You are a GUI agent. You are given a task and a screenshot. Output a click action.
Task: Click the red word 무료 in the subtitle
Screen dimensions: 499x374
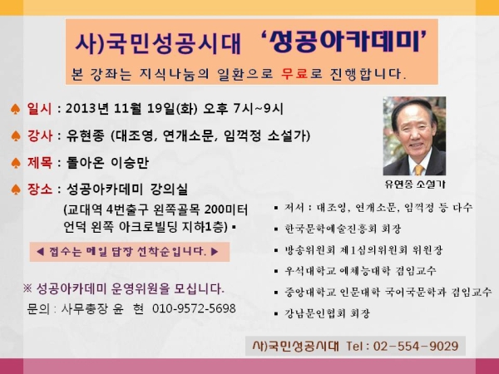tap(294, 74)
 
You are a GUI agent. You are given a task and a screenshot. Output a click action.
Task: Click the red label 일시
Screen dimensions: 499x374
tap(39, 109)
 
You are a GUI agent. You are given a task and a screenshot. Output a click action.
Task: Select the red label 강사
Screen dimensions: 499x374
tap(39, 135)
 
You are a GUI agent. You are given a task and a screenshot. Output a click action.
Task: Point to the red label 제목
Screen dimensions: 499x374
tap(39, 163)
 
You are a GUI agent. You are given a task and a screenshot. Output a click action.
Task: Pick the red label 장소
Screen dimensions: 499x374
tap(39, 189)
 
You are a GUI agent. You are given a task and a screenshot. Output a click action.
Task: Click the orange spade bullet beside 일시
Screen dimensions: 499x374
tap(15, 109)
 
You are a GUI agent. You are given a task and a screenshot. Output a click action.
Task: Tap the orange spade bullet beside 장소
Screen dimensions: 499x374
tap(15, 189)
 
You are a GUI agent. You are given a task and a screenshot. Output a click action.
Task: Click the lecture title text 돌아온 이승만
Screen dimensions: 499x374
tap(107, 163)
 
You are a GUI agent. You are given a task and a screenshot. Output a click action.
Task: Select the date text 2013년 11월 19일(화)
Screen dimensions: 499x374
tap(131, 109)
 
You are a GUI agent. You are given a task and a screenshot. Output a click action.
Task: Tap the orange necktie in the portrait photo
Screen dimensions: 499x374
tap(419, 170)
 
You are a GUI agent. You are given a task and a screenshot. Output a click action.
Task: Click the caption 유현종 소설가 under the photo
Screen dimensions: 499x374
tap(415, 185)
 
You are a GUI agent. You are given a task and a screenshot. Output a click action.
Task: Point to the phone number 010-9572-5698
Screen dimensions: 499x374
tap(194, 308)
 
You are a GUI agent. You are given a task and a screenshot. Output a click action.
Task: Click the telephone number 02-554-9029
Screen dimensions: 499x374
tap(416, 346)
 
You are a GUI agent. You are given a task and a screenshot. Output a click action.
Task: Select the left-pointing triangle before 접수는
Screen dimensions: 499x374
tap(40, 252)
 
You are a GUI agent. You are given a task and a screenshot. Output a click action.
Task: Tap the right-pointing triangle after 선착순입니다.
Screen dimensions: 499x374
tap(215, 252)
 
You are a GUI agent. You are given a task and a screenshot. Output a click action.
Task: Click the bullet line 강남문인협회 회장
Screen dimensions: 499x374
tap(327, 313)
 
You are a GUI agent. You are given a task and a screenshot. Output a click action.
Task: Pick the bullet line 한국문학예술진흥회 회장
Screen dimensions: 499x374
tap(343, 229)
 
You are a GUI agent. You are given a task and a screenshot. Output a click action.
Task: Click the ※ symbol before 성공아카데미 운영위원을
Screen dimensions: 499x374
tap(27, 288)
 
